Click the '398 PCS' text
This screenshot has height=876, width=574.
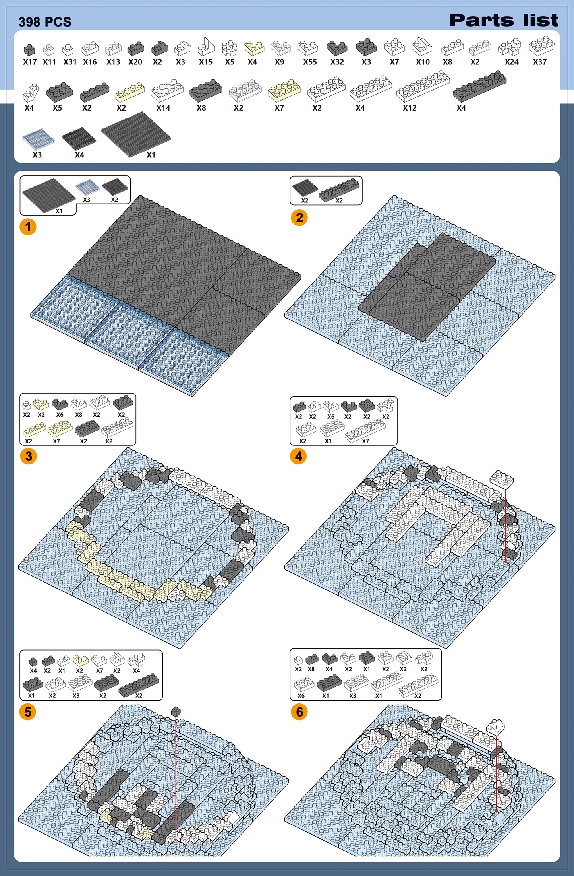point(45,22)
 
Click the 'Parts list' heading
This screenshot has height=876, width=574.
point(504,20)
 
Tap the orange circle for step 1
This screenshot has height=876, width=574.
point(28,227)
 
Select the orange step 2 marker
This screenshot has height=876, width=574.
point(299,218)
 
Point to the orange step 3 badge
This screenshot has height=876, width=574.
point(28,456)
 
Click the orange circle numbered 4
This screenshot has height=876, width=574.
point(298,456)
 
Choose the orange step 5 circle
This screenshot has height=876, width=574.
point(28,712)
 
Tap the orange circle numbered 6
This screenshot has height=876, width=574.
point(299,712)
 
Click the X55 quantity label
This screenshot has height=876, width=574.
point(310,62)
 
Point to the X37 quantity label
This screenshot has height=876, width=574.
point(540,62)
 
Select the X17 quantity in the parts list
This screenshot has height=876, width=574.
point(30,62)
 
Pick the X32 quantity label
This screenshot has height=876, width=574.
point(337,62)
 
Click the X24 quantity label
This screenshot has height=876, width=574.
point(512,62)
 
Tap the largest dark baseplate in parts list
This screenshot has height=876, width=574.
point(136,134)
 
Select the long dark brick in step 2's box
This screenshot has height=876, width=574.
point(339,189)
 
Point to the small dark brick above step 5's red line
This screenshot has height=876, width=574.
point(176,712)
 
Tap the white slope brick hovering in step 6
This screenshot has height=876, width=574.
point(495,726)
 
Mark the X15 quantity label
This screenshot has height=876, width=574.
point(206,62)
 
